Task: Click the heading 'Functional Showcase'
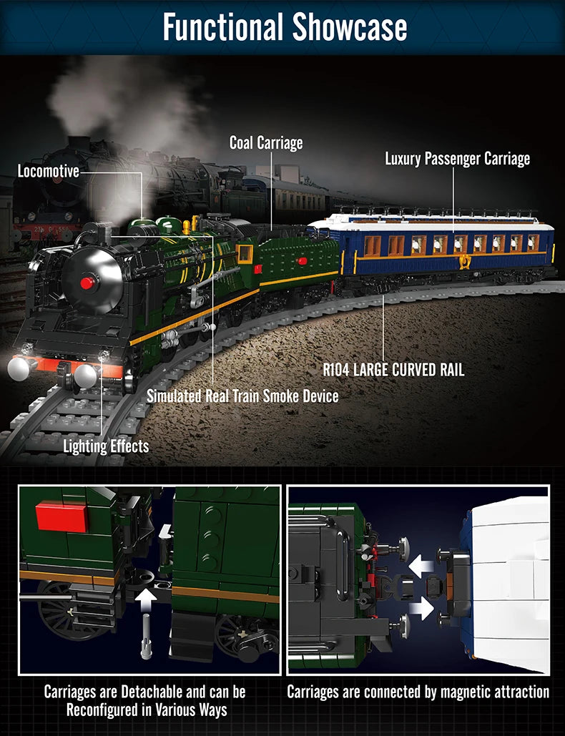(x=285, y=26)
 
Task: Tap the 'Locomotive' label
(x=48, y=171)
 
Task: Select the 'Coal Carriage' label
(x=266, y=143)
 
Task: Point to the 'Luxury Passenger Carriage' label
(x=458, y=159)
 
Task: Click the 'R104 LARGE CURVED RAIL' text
(x=393, y=370)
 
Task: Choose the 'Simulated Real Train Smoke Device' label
(x=242, y=396)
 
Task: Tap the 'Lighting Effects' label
(x=106, y=447)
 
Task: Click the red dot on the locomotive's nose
(x=87, y=283)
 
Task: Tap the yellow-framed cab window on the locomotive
(x=245, y=253)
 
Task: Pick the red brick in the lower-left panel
(x=62, y=516)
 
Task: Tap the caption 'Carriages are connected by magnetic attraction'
(x=418, y=692)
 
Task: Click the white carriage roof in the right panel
(x=509, y=579)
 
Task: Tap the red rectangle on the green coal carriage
(x=303, y=260)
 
